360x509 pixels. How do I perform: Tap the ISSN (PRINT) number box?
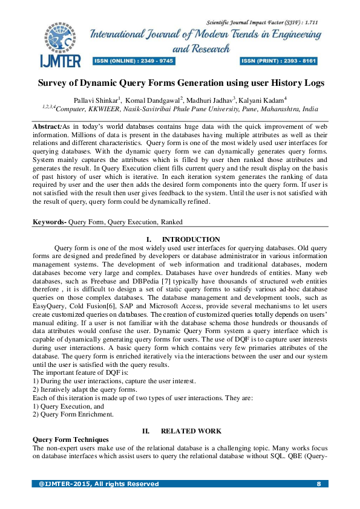tap(280, 61)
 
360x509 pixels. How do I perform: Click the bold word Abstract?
tap(47, 126)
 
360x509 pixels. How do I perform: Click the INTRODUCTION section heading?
tap(191, 240)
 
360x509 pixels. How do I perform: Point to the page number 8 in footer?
tap(318, 484)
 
